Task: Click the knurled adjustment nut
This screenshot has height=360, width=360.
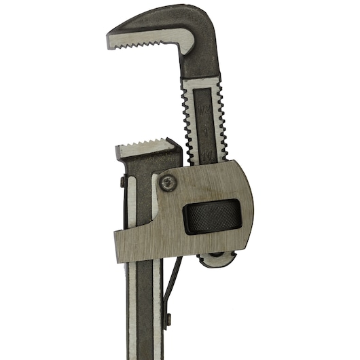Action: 211,217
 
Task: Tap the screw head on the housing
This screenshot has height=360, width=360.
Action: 167,181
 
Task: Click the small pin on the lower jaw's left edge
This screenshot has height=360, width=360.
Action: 122,181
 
